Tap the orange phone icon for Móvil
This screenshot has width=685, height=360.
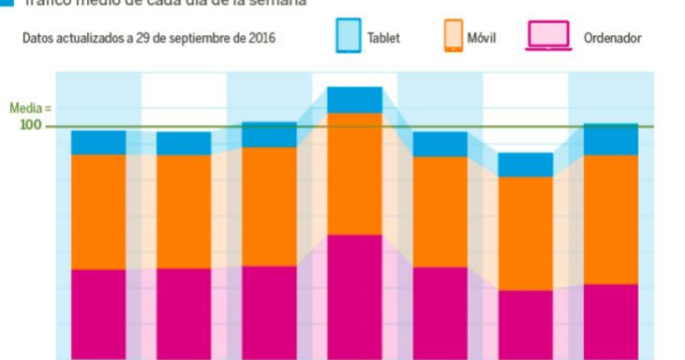pyautogui.click(x=453, y=37)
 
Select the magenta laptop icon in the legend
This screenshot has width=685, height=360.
pyautogui.click(x=547, y=37)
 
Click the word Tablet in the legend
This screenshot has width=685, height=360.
pyautogui.click(x=383, y=39)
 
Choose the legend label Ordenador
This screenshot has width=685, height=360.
pyautogui.click(x=612, y=39)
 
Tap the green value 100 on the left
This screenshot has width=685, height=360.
pyautogui.click(x=31, y=125)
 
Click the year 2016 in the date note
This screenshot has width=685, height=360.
pyautogui.click(x=260, y=39)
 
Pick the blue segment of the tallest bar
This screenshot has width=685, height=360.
pyautogui.click(x=355, y=100)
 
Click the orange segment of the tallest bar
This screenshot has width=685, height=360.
pyautogui.click(x=355, y=174)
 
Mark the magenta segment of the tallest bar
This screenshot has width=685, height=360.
pyautogui.click(x=355, y=296)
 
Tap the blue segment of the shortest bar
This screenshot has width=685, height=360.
pyautogui.click(x=526, y=165)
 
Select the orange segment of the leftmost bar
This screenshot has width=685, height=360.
pyautogui.click(x=98, y=212)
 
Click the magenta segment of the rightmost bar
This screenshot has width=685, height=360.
pyautogui.click(x=611, y=321)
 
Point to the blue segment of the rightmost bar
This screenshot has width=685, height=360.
pyautogui.click(x=611, y=140)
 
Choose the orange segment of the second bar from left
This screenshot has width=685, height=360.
pyautogui.click(x=183, y=212)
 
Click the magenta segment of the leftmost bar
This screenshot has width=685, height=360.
pyautogui.click(x=98, y=315)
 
